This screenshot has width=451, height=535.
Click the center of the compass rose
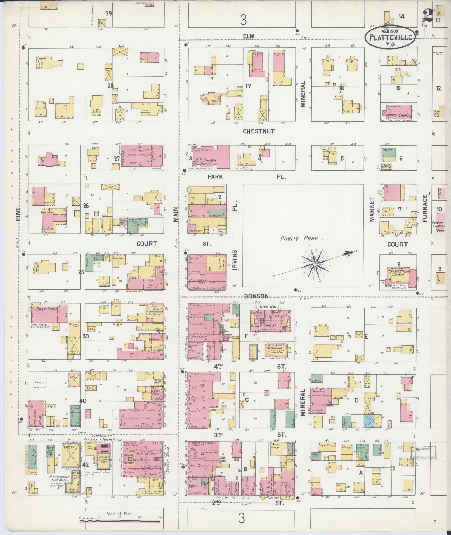click(315, 264)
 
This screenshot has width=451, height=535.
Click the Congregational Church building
click(398, 275)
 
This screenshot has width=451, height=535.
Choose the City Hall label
click(268, 307)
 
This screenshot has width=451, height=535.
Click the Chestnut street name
click(258, 131)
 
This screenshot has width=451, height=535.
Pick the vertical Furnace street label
click(425, 208)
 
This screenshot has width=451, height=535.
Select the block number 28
click(110, 86)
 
